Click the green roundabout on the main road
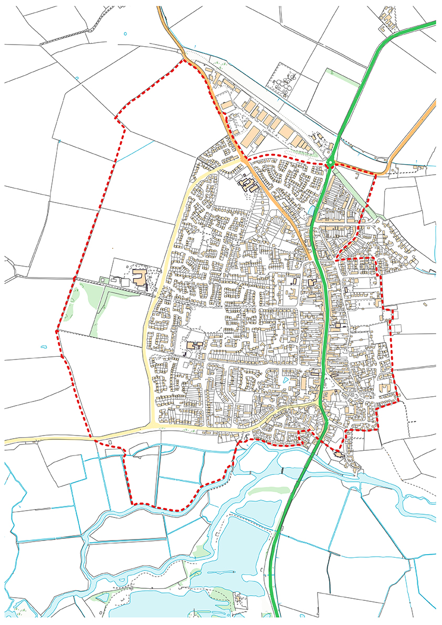pyautogui.click(x=330, y=163)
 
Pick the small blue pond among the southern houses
pyautogui.click(x=285, y=379)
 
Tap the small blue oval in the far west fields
pyautogui.click(x=43, y=347)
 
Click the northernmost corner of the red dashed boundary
pyautogui.click(x=183, y=60)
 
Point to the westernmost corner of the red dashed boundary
pyautogui.click(x=56, y=332)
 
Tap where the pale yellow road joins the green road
pyautogui.click(x=321, y=404)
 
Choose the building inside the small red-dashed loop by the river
pyautogui.click(x=337, y=453)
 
